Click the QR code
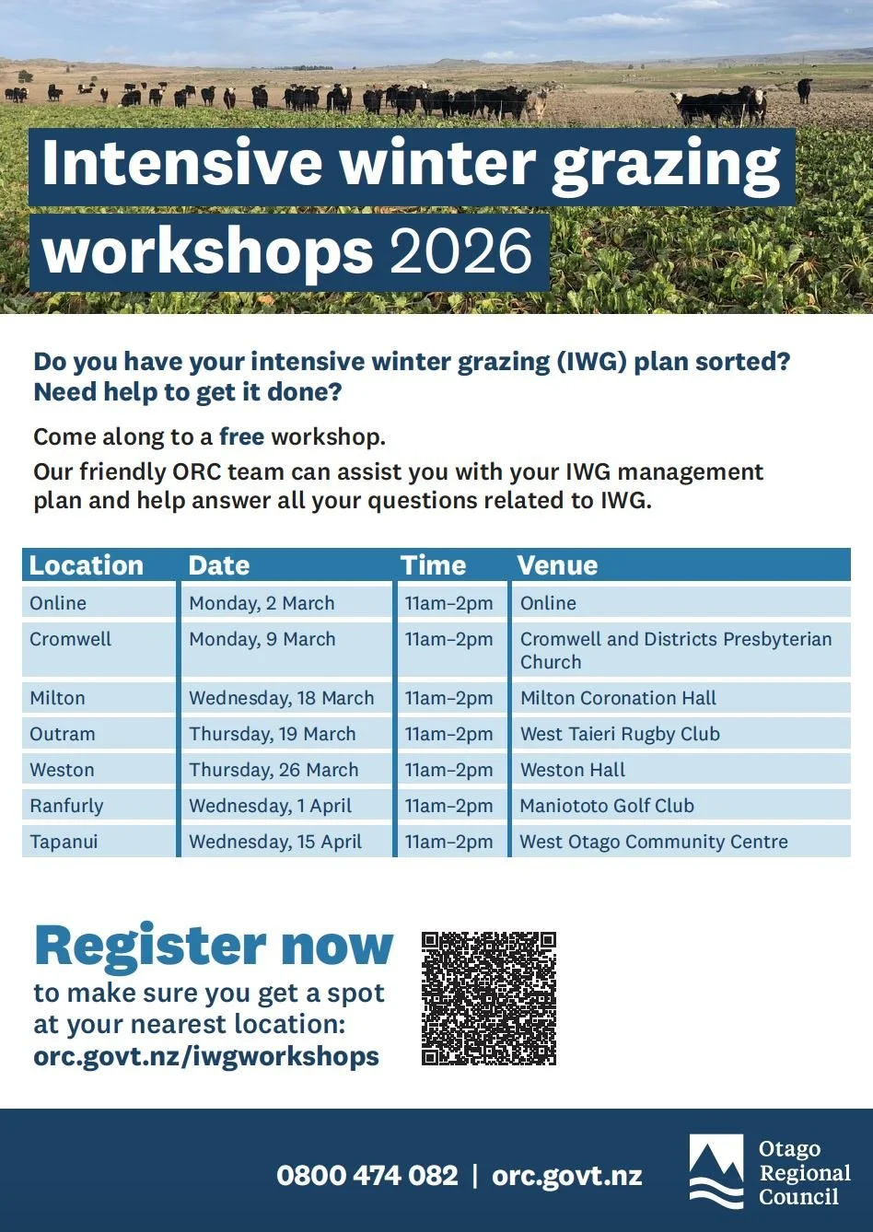[x=488, y=998]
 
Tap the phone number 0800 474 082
[x=367, y=1176]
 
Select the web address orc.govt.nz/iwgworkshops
[x=206, y=1056]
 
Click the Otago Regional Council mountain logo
[x=716, y=1170]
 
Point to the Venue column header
[x=558, y=565]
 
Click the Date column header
[x=219, y=565]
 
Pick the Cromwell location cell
[x=70, y=639]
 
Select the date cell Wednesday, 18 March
[x=281, y=698]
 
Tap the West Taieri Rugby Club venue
[x=620, y=734]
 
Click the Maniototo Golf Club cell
[x=607, y=806]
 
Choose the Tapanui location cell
[x=64, y=842]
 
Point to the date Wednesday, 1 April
[x=270, y=806]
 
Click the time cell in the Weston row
[x=448, y=770]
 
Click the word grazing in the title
[x=666, y=164]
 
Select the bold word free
[x=241, y=436]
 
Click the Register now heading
[x=214, y=946]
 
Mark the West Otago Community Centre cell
[x=654, y=842]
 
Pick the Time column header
[x=433, y=565]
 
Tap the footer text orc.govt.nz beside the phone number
[x=566, y=1176]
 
